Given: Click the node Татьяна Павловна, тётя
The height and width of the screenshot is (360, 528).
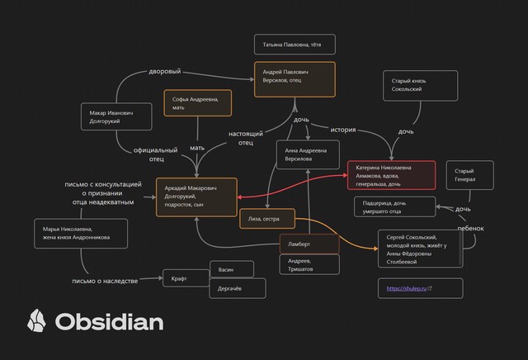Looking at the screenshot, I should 292,45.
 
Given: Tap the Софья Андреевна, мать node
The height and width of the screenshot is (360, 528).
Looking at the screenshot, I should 197,103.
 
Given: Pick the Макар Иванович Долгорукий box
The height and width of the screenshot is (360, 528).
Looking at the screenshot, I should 115,116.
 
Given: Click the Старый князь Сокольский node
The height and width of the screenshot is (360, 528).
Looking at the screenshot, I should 419,85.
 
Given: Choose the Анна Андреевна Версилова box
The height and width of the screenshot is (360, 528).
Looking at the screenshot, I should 307,154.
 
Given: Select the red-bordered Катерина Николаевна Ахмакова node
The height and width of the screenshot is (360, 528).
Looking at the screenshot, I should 391,175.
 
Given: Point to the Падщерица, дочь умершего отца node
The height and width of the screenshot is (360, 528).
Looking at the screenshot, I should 394,206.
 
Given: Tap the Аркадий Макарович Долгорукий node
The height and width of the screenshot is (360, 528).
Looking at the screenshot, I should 196,197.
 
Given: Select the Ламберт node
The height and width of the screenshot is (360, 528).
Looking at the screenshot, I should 308,244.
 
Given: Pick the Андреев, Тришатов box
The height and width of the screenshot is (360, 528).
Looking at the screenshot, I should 308,264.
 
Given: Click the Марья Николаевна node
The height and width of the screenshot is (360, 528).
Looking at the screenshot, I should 82,234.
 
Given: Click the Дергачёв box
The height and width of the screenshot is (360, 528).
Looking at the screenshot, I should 237,288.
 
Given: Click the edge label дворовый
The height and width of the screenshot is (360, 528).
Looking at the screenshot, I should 164,72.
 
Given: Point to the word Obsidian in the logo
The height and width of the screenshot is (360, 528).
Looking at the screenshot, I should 109,320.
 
